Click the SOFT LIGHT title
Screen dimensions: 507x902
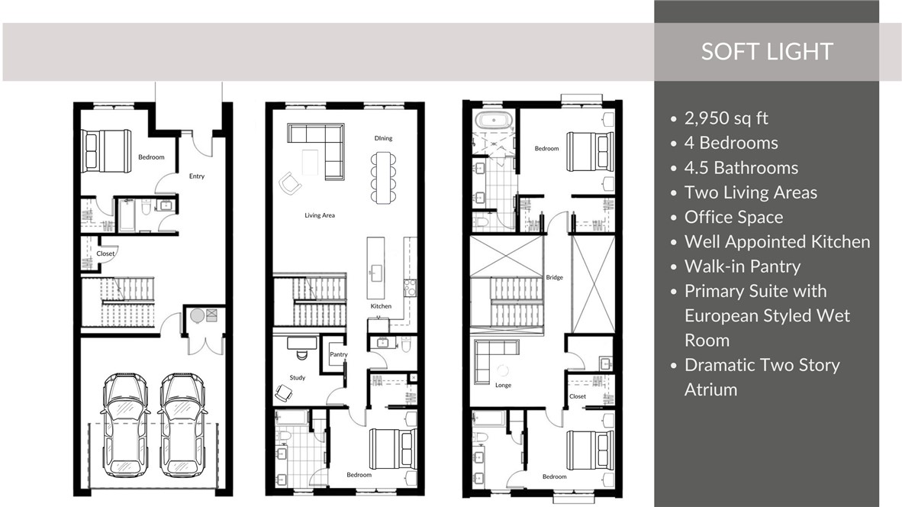point(767,52)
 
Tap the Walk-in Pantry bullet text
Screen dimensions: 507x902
point(743,266)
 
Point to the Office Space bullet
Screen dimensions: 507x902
point(733,217)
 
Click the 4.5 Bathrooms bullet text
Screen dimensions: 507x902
point(741,168)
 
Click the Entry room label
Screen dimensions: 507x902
point(197,176)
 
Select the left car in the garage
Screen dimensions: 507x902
point(125,425)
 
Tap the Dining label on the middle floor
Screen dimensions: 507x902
point(383,138)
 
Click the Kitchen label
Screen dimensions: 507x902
point(381,306)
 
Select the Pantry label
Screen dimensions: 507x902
point(338,355)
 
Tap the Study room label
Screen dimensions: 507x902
point(297,378)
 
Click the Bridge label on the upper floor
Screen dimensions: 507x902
point(555,277)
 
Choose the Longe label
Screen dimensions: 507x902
point(503,386)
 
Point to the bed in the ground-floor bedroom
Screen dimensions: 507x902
point(107,151)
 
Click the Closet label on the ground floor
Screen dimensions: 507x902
point(105,253)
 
